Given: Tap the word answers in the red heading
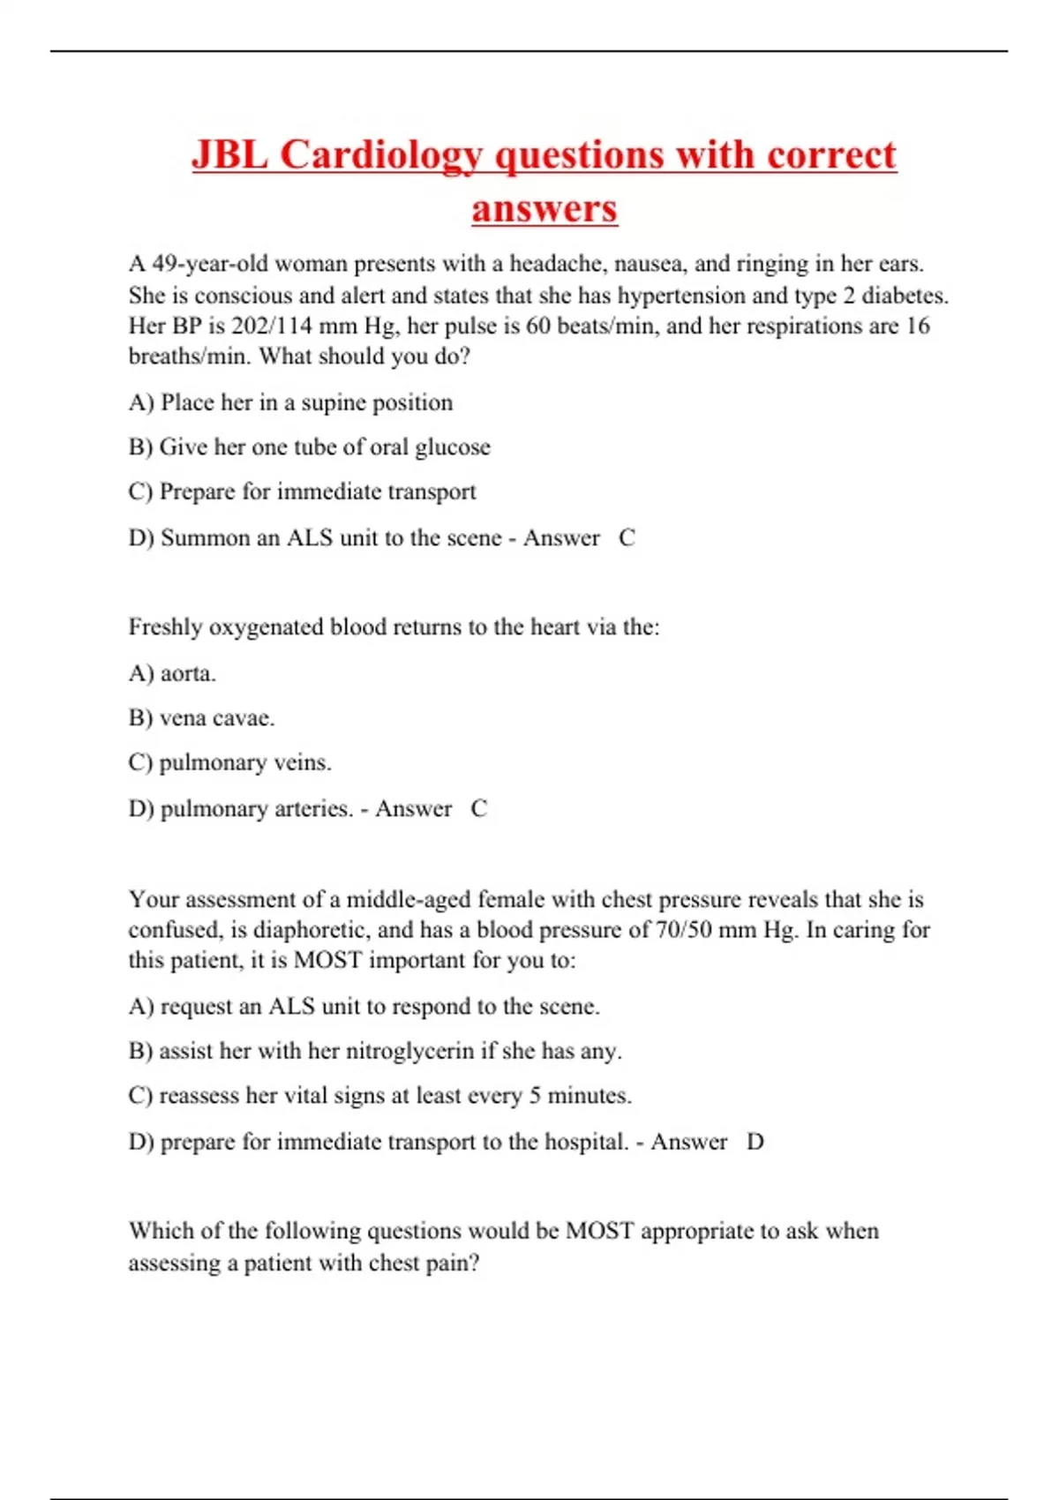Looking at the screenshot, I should pos(544,209).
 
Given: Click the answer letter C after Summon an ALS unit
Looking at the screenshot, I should pos(627,537).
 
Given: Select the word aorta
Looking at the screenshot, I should pos(187,673).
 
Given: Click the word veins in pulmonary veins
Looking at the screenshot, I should pos(302,762).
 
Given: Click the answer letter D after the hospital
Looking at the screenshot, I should pos(755,1142).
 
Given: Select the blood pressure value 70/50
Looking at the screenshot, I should pos(684,930).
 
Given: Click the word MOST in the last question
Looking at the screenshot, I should pos(599,1231).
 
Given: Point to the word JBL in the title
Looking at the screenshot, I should pos(229,155).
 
